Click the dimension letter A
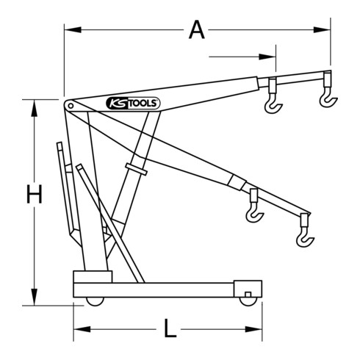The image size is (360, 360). [195, 30]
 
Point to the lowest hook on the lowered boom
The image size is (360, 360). [303, 236]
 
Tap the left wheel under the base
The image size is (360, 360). [93, 300]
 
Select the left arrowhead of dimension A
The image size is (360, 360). [68, 30]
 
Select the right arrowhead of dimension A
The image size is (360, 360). [325, 30]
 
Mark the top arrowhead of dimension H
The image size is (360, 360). [34, 103]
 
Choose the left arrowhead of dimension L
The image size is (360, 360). [77, 328]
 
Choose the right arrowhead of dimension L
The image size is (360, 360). [262, 328]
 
